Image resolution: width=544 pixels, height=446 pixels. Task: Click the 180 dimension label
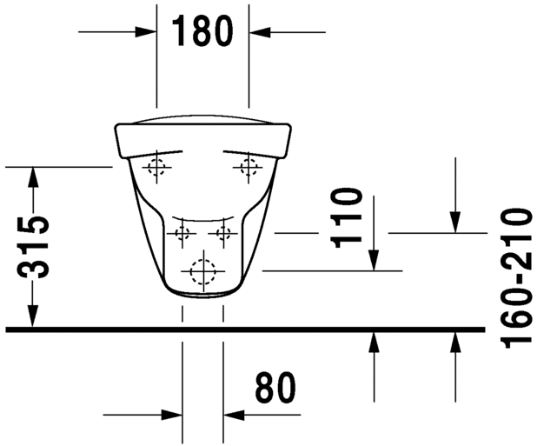[202, 31]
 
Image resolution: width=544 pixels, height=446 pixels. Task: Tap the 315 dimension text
[34, 247]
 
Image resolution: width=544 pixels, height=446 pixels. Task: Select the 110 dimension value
[346, 218]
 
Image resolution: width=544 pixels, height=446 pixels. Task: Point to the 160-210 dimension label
[515, 277]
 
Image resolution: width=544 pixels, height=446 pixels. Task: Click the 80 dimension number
[275, 388]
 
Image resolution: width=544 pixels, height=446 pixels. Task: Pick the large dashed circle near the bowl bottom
[203, 271]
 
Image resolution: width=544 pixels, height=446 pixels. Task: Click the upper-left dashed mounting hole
[156, 167]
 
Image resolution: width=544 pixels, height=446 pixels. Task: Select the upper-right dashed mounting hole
[249, 167]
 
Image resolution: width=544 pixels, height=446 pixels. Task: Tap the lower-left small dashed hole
[182, 233]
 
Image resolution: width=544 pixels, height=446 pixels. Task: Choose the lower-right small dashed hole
[223, 233]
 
